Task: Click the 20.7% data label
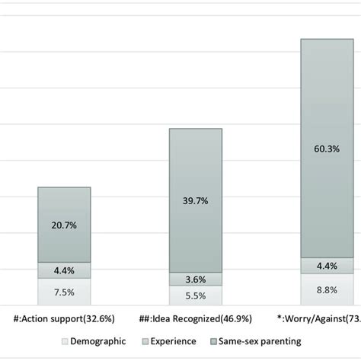point(65,225)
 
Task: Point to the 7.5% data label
point(65,292)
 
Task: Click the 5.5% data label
point(196,296)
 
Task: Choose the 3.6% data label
point(196,278)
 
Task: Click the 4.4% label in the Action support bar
point(65,270)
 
